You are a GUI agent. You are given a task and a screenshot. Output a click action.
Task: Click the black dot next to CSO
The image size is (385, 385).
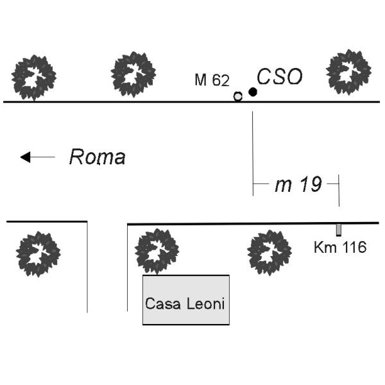pos(253,92)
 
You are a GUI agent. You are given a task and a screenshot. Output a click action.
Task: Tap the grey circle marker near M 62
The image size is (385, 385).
pos(238,96)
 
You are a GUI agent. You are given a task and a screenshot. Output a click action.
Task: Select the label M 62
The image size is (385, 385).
pos(212,80)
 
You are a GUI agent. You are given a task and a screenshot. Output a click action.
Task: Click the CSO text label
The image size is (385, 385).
pos(280,78)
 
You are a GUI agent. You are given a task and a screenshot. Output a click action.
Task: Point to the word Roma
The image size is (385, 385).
pos(97,157)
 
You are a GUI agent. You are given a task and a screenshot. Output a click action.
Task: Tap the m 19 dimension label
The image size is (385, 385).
pos(298,185)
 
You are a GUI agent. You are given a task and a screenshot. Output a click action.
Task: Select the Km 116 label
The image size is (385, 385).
pos(340,247)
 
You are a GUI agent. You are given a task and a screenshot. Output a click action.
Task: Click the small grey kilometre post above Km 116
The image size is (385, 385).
pos(338,230)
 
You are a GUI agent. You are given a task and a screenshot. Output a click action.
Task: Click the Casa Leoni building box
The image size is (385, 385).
pos(185,300)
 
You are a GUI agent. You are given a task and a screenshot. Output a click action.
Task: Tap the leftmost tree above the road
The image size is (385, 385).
pos(33,77)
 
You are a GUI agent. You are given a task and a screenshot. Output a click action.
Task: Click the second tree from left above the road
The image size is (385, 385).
pos(133,74)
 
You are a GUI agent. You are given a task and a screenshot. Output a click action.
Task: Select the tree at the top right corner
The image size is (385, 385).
pos(349,71)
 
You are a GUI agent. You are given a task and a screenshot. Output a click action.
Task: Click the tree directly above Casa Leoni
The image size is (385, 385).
pos(156,251)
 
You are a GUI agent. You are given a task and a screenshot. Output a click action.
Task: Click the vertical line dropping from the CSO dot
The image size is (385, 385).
pos(253,148)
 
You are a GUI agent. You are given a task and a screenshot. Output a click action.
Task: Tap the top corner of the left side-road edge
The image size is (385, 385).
pos(87,222)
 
